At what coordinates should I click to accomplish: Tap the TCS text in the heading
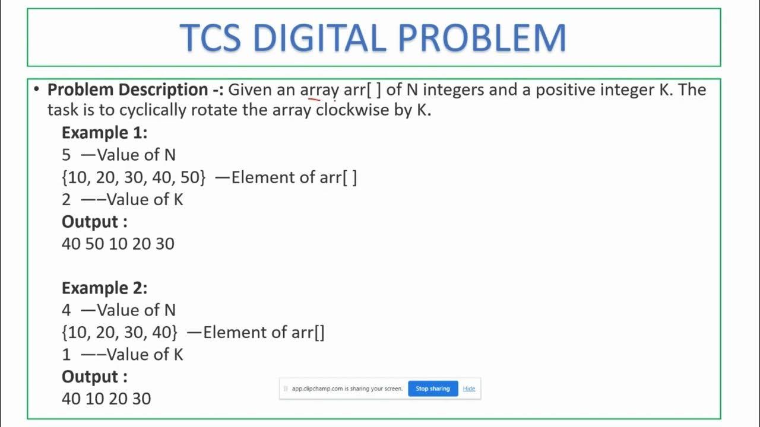click(x=210, y=38)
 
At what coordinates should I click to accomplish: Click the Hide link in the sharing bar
click(x=469, y=388)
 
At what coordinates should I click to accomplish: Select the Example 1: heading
click(x=104, y=132)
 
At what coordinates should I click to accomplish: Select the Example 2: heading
click(x=104, y=288)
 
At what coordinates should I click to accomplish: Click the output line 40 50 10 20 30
click(x=118, y=244)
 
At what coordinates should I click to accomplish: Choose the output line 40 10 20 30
click(x=106, y=399)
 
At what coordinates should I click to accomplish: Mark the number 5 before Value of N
click(x=66, y=155)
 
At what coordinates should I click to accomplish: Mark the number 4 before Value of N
click(x=66, y=310)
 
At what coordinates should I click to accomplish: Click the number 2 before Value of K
click(x=66, y=200)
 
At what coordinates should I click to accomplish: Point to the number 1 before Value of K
click(x=66, y=355)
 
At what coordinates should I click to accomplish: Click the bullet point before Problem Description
click(x=36, y=90)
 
